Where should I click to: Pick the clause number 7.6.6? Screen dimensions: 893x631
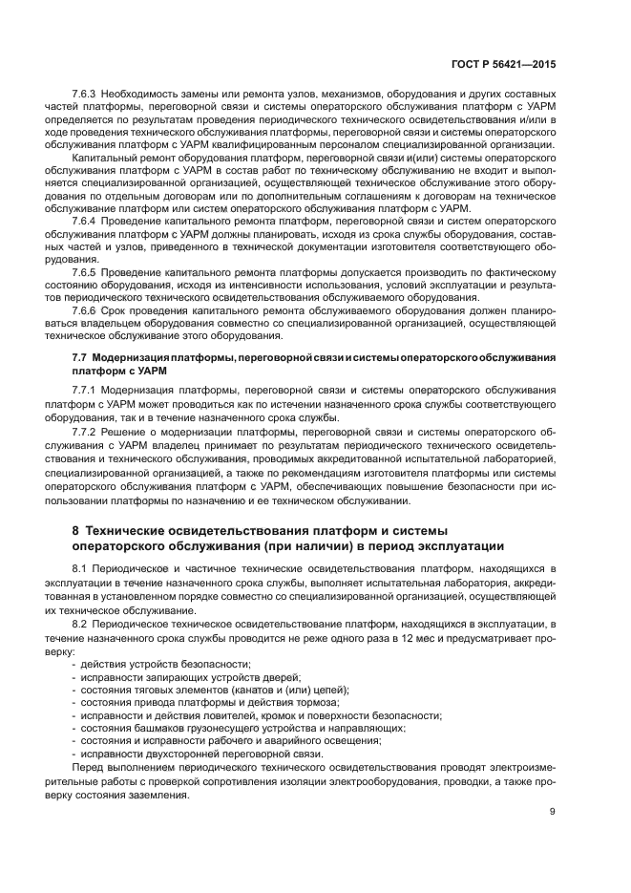click(87, 310)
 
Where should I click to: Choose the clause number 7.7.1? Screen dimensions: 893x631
click(87, 392)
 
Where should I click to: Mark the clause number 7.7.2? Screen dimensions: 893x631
click(87, 432)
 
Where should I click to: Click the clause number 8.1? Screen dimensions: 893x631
click(83, 569)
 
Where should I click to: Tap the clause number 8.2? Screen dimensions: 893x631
click(83, 623)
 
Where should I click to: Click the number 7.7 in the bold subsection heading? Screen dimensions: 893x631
click(80, 356)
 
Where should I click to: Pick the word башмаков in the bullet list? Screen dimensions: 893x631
click(160, 728)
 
